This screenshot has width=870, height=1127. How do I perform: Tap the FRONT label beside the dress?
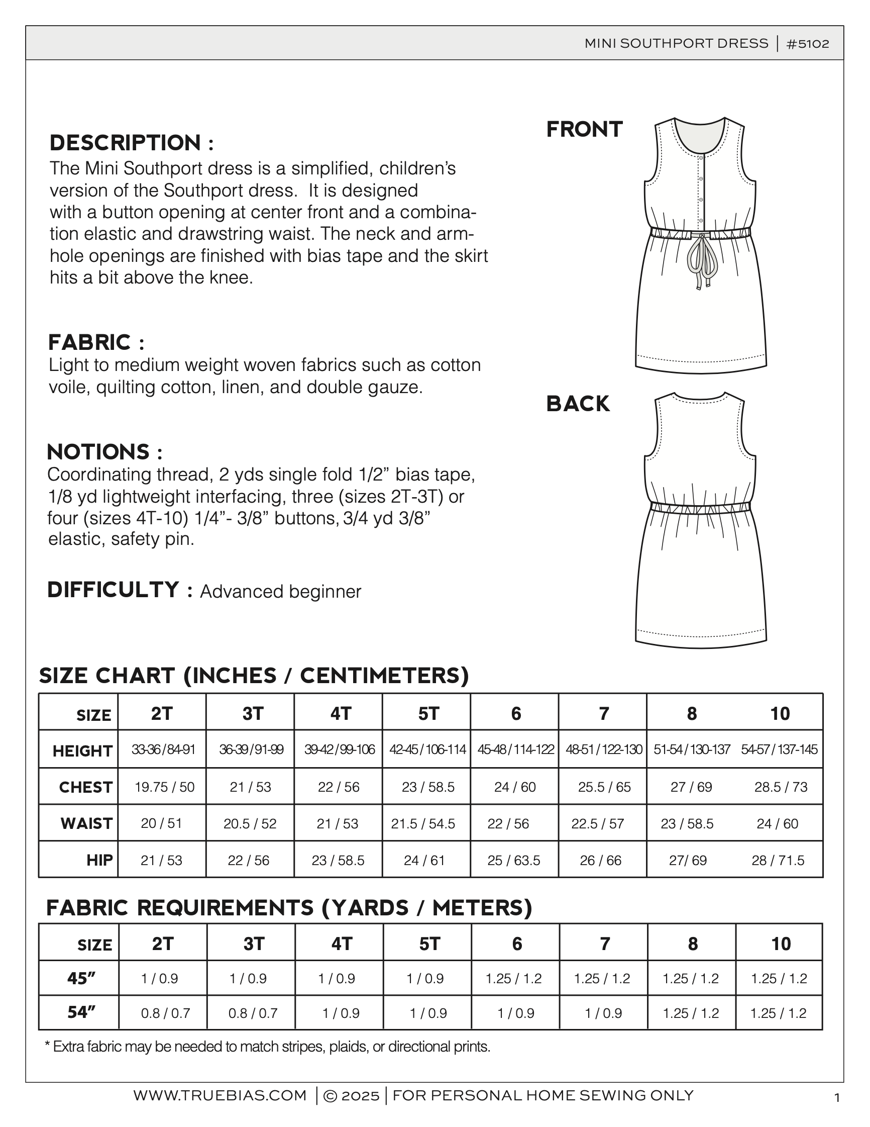pos(584,130)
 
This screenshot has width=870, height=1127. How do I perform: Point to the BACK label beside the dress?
pos(578,404)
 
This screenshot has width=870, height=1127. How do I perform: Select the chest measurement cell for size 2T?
pos(165,787)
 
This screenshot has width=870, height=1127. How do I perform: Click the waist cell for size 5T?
pos(423,823)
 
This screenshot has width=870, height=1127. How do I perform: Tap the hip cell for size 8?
pos(688,860)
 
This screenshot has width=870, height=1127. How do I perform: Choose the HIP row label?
pos(99,860)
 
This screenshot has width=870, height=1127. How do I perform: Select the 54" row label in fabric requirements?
pos(81,1012)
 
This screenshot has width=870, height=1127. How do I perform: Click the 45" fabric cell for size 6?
pos(513,978)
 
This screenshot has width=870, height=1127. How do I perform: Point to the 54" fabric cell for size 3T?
pos(253,1013)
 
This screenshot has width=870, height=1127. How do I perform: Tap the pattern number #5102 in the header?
pos(808,44)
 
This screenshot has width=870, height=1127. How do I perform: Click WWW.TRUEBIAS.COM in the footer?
pos(220,1095)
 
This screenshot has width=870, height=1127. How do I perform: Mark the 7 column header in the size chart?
pos(604,714)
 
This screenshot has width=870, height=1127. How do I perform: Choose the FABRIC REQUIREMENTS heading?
pos(289,908)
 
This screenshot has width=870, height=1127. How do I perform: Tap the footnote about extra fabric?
pos(267,1047)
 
